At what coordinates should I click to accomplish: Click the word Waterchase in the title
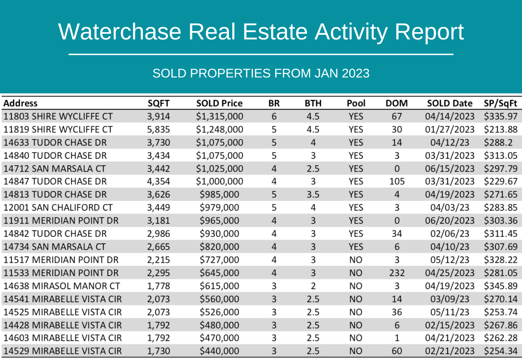pos(120,32)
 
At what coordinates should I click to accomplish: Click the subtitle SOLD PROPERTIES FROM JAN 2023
pos(261,73)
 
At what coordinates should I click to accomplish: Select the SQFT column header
pos(158,103)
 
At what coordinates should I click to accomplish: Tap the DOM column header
pos(397,103)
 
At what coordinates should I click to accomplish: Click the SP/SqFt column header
pos(500,103)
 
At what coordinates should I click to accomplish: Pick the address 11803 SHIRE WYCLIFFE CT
pos(58,117)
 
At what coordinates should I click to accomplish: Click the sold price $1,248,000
pos(220,130)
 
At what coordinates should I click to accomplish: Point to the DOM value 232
pos(397,273)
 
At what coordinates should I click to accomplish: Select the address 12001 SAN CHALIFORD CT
pos(58,208)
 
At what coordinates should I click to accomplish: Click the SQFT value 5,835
pos(158,130)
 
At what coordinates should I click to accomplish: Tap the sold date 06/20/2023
pos(449,221)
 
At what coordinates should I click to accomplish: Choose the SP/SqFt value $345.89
pos(500,286)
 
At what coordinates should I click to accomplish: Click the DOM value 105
pos(397,182)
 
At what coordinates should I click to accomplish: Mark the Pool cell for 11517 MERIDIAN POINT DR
pos(355,260)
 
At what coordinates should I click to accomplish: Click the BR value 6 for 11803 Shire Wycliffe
pos(274,117)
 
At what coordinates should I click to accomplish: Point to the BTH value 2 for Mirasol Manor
pos(313,286)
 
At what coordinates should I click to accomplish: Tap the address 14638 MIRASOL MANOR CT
pos(62,286)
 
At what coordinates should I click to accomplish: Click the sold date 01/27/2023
pos(449,130)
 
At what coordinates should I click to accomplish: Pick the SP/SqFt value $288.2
pos(498,143)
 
